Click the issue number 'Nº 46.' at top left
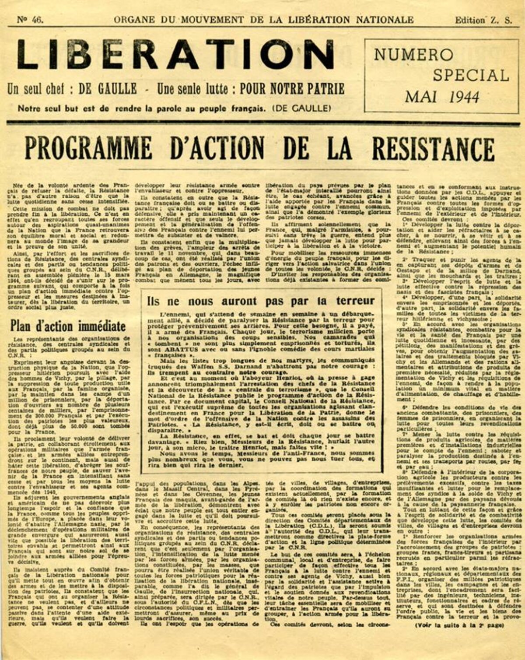coord(30,19)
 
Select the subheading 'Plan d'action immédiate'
coord(68,326)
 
